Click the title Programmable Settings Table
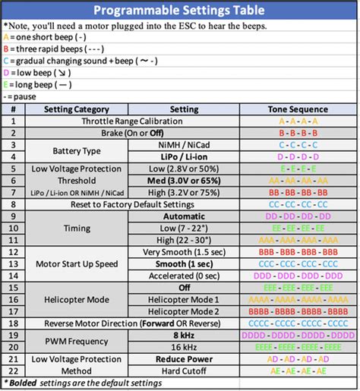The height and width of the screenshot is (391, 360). tap(179, 11)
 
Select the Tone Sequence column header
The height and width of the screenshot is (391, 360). tap(298, 109)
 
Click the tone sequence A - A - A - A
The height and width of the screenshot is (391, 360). tap(298, 121)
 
